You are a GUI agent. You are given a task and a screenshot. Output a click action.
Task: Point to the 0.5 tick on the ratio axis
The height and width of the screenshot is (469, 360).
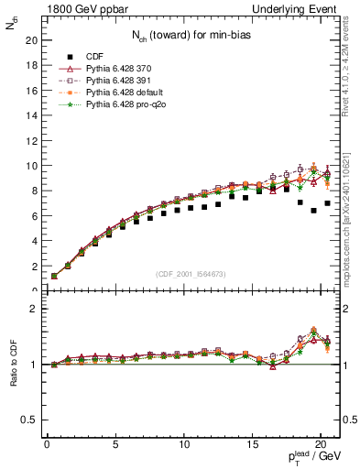pos(28,420)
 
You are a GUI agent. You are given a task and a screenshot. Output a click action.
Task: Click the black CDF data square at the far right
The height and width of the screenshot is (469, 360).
pos(328,203)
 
